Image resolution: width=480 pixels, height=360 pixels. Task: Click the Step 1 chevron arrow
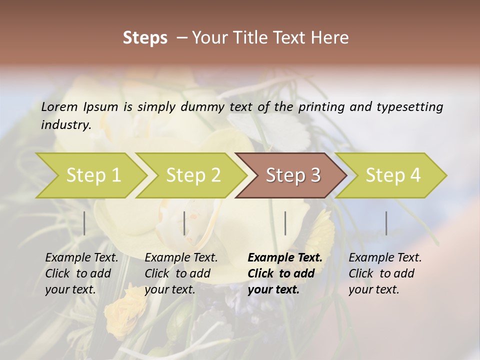coord(93,175)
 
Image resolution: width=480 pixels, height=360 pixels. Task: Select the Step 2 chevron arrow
coord(193,175)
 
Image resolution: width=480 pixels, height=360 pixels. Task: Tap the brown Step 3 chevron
coord(293,175)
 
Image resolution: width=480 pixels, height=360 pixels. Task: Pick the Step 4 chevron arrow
coord(393,175)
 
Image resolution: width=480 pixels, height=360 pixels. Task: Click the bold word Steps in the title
coord(145,38)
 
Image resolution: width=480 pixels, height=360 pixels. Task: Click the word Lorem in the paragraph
coord(59,107)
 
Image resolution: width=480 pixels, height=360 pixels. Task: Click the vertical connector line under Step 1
coord(84,223)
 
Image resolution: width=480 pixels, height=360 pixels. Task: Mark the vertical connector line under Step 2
coord(184,223)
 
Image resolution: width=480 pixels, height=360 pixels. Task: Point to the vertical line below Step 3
coord(285,223)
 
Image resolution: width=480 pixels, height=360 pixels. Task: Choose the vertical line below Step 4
coord(386,223)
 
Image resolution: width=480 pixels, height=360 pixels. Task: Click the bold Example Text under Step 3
coord(285,258)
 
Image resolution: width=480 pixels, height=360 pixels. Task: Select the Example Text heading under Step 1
coord(81,258)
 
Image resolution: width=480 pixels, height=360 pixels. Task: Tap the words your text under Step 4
coord(373,290)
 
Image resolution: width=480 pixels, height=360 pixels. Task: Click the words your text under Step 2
coord(169,290)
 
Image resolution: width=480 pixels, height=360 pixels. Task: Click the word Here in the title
coord(329,38)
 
